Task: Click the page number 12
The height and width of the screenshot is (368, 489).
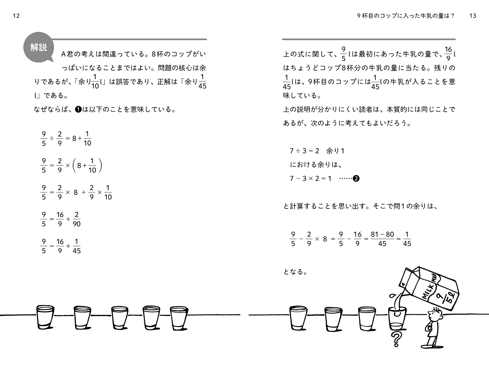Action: click(16, 16)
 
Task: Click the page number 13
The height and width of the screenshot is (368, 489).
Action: click(473, 16)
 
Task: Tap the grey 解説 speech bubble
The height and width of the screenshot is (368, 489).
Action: click(39, 48)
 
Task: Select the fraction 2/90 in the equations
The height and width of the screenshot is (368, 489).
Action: click(77, 219)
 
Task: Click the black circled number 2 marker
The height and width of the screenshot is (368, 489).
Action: click(356, 179)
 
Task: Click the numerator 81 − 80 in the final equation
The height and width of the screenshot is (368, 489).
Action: click(382, 234)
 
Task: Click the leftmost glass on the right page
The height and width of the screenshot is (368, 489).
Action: click(298, 318)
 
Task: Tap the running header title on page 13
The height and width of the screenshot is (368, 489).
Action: click(406, 16)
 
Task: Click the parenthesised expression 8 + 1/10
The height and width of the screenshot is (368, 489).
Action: click(87, 166)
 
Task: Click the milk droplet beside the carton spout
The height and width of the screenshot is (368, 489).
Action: click(392, 296)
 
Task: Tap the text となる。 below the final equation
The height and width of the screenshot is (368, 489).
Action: click(295, 272)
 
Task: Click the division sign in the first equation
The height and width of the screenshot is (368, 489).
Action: click(52, 139)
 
